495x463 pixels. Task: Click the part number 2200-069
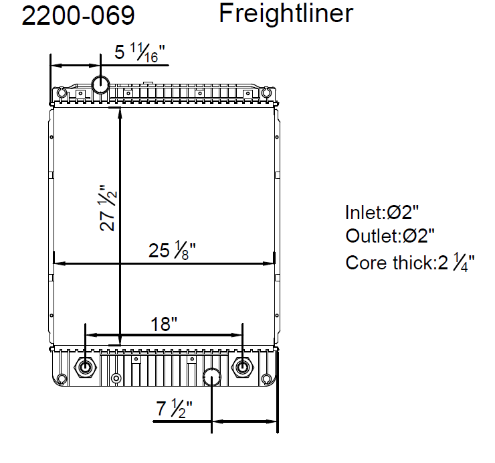[x=78, y=15]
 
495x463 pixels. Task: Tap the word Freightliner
[x=286, y=13]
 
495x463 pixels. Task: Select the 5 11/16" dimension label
[x=140, y=53]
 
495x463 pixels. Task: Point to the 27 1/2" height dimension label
[x=108, y=208]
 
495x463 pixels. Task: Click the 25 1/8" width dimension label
[x=172, y=250]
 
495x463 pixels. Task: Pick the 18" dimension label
[x=164, y=324]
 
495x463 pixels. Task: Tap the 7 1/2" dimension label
[x=175, y=408]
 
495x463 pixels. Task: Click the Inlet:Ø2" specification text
[x=382, y=212]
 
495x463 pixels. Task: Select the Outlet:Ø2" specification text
[x=390, y=236]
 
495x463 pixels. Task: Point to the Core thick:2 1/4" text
[x=410, y=263]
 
